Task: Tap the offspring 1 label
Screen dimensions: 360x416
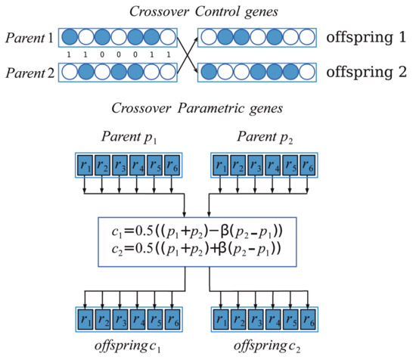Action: click(x=369, y=37)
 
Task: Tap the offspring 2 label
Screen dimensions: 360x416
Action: click(x=369, y=72)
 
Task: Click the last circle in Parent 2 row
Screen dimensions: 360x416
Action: click(x=172, y=72)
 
